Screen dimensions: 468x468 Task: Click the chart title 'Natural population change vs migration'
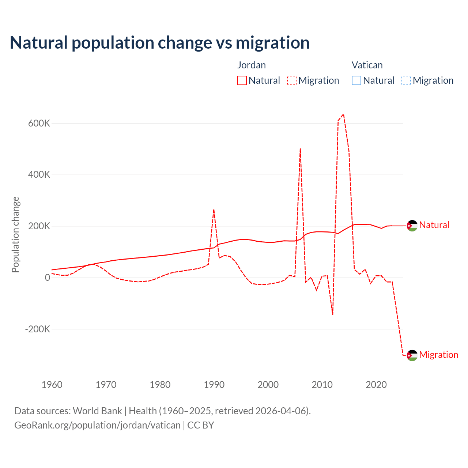coord(160,43)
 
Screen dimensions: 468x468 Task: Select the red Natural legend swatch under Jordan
coord(242,80)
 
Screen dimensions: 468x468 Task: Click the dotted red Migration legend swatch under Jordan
coord(292,80)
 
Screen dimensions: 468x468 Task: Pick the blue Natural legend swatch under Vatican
coord(356,80)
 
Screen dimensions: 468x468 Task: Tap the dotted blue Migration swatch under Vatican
coord(406,80)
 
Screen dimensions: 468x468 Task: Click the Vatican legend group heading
coord(367,65)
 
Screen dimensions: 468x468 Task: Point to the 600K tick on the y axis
coord(39,123)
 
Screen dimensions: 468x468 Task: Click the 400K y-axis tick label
coord(39,175)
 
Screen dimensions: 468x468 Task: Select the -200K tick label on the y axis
coord(37,329)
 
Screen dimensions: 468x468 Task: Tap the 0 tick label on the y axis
coord(48,278)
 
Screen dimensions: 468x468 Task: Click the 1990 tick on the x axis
coord(214,385)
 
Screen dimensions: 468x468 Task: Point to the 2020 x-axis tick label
coord(376,385)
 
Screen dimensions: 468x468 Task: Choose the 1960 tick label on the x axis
coord(52,385)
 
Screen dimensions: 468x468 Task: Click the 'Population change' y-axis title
coord(15,235)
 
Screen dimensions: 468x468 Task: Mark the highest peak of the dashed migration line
coord(343,114)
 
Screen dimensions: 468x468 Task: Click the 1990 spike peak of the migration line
coord(214,210)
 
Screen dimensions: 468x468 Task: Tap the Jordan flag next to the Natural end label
coord(412,226)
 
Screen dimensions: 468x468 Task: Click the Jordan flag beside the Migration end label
coord(412,355)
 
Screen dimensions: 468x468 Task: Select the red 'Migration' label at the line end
coord(438,355)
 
